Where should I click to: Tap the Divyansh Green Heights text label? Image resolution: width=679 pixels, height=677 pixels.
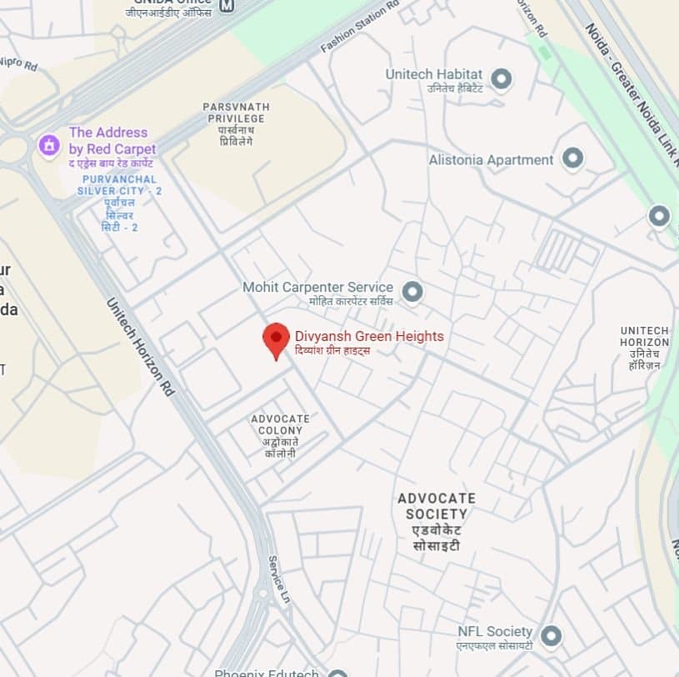coord(369,337)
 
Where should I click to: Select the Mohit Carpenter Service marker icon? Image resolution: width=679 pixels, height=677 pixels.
coord(412,292)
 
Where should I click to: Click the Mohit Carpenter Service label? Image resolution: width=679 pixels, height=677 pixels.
coord(317,288)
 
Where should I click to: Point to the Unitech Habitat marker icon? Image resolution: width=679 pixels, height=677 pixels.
coord(501,79)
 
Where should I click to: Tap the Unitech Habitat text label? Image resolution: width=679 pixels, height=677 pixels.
coord(433,75)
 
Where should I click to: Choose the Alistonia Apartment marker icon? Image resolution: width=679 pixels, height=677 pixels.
coord(572,158)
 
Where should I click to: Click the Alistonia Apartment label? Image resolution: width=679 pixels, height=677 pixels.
coord(491,160)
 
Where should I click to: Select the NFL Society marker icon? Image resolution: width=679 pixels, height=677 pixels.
coord(551,636)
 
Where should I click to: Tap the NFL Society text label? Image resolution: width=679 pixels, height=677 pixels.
coord(494,632)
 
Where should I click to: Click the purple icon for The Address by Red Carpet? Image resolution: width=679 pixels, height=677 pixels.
coord(49,145)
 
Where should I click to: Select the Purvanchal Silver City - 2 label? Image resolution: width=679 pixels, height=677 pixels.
coord(119,191)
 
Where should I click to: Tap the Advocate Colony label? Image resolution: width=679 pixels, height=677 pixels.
coord(280,430)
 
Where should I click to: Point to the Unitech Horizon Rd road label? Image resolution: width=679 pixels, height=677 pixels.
coord(140,345)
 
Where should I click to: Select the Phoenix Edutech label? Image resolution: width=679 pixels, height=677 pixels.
coord(266,673)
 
